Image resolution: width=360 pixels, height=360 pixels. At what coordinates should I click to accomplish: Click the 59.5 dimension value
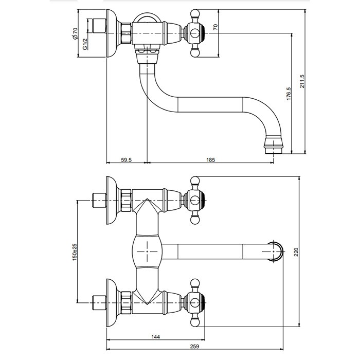coord(127,160)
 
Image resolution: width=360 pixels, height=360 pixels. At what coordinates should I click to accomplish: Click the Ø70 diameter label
coord(75,34)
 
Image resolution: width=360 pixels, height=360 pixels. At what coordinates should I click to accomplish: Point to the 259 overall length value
coord(195,347)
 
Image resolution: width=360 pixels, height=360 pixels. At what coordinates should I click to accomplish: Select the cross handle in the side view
coord(195,34)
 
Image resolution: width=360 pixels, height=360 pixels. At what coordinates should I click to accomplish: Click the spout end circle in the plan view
coord(277,251)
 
